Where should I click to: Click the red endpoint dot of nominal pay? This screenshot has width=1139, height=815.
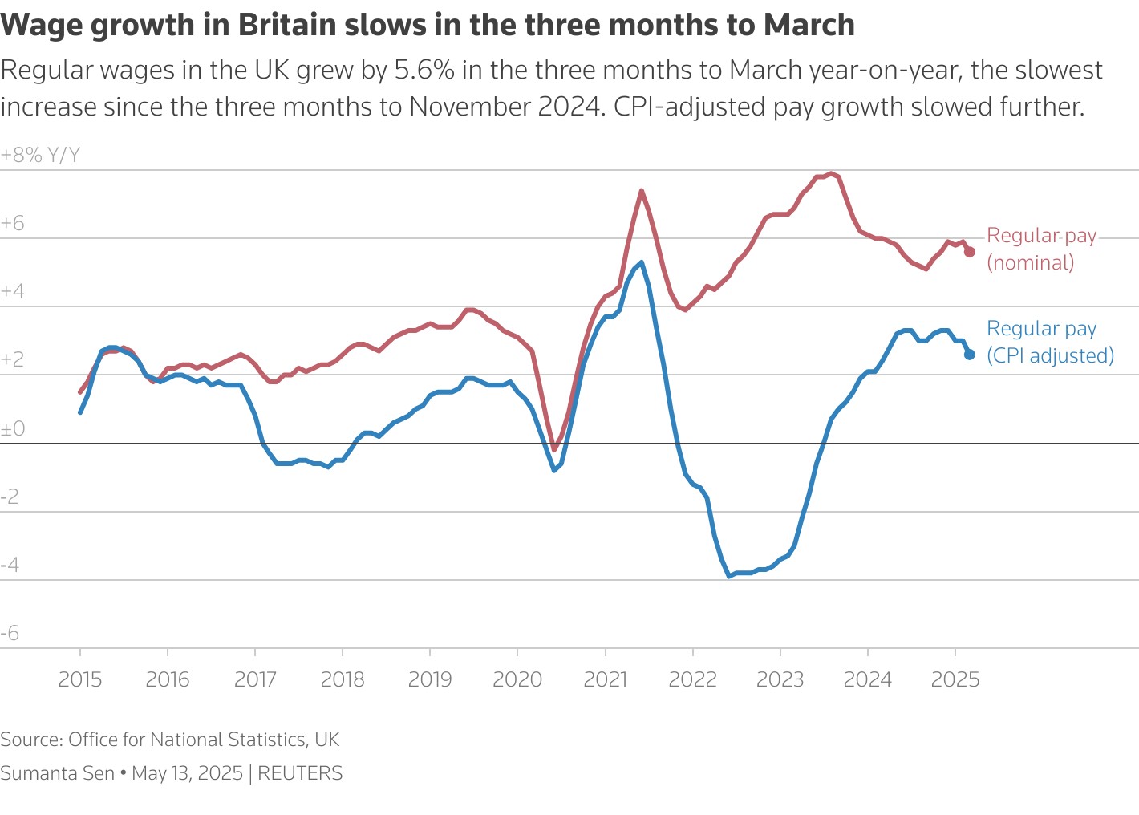(969, 252)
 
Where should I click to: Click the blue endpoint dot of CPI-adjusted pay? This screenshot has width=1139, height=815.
(969, 355)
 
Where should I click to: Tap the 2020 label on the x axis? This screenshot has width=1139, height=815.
(517, 680)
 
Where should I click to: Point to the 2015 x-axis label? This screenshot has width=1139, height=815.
(80, 680)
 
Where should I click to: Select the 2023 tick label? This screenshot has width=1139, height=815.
(780, 680)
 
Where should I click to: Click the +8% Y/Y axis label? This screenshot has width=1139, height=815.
(41, 155)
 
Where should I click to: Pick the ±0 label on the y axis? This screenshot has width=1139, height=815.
(13, 429)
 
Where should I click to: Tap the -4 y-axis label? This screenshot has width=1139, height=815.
(10, 566)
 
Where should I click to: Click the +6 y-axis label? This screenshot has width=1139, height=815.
(13, 224)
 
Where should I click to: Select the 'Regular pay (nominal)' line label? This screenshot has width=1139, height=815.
(1040, 249)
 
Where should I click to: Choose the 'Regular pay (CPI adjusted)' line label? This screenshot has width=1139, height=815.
(1050, 342)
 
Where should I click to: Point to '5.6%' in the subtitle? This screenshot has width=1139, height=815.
(424, 71)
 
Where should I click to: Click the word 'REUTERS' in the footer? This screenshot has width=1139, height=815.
(300, 773)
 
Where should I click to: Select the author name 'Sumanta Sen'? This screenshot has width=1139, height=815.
(58, 773)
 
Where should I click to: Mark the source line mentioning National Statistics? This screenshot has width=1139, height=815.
(170, 740)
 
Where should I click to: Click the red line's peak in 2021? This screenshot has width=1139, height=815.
(642, 191)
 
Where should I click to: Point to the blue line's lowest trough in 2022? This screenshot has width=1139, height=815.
(729, 576)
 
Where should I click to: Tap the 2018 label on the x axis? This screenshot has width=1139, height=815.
(343, 680)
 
